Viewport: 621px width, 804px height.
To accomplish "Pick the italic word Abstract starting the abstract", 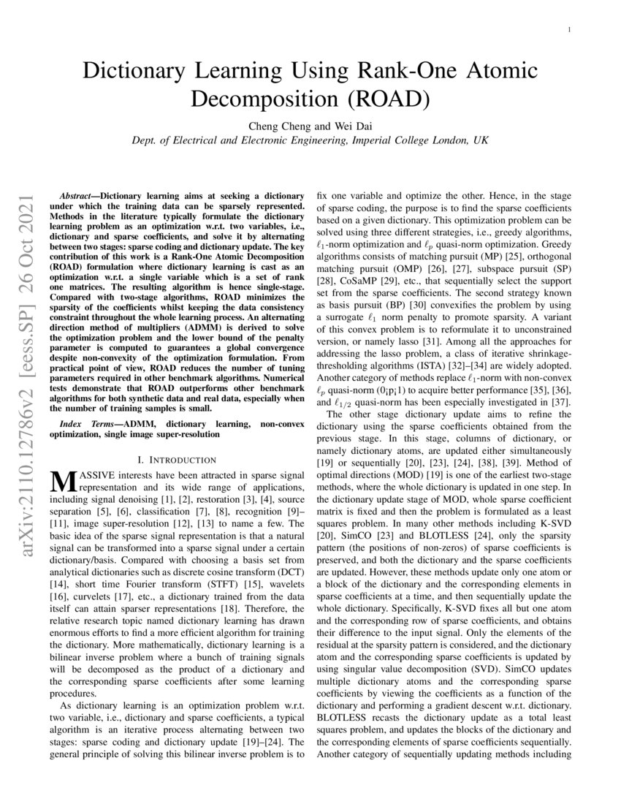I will (x=75, y=197).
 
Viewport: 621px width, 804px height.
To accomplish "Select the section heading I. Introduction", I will (x=177, y=460).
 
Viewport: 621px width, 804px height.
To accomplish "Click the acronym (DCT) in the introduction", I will (x=290, y=565).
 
